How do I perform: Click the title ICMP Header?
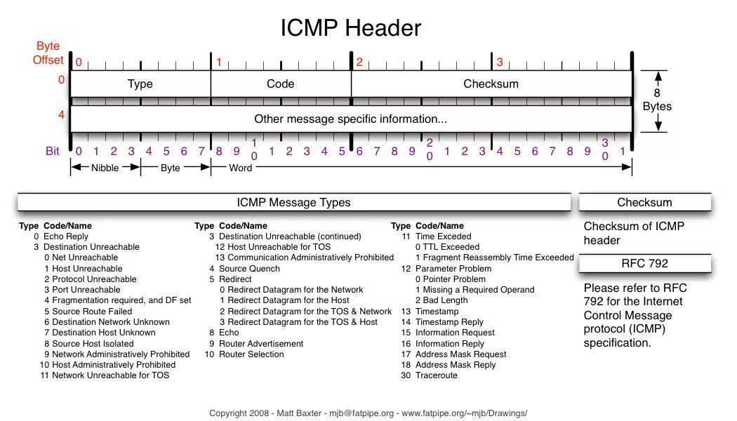pos(351,28)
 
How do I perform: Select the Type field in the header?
pos(140,84)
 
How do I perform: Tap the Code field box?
pos(280,84)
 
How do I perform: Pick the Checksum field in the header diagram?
pos(491,84)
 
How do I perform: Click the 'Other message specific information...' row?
pos(350,120)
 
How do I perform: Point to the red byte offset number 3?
pos(500,62)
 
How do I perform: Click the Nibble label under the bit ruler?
pos(105,168)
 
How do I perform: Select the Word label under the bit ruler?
pos(240,168)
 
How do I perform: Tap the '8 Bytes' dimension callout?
pos(657,100)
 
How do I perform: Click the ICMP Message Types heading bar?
pos(293,203)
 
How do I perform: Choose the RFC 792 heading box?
pos(644,264)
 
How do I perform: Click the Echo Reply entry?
pos(66,236)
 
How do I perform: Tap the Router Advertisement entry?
pos(261,344)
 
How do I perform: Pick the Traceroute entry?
pos(436,375)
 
